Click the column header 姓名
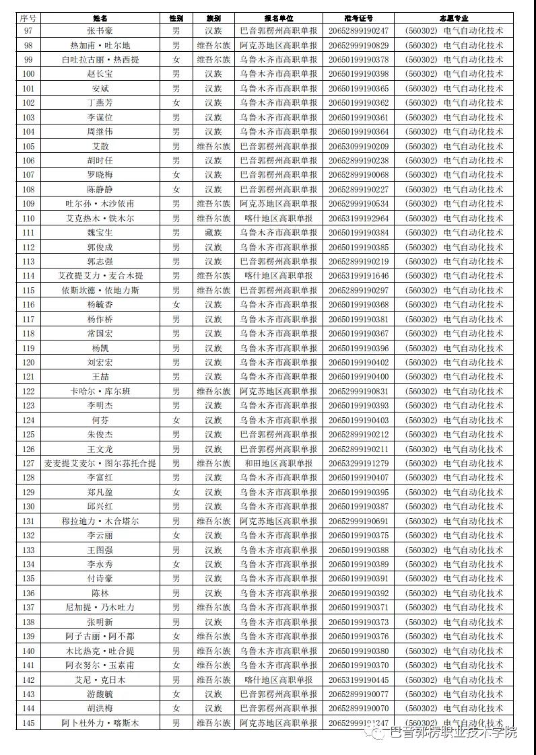click(x=100, y=18)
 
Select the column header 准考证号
click(x=358, y=18)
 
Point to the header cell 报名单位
click(x=279, y=18)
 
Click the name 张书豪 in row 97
click(x=100, y=31)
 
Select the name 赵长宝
click(x=100, y=74)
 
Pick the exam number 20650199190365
click(x=358, y=89)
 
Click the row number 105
click(x=28, y=147)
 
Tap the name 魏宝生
click(x=100, y=233)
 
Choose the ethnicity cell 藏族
click(x=213, y=233)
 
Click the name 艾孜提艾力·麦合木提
click(x=100, y=276)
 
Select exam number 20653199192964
click(x=358, y=219)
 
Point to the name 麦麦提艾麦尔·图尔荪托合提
click(x=100, y=464)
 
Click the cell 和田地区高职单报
click(x=279, y=464)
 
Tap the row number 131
click(x=28, y=522)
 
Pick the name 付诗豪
click(x=100, y=579)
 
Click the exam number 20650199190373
click(x=358, y=622)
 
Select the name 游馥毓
click(x=100, y=694)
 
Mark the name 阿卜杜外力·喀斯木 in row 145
click(x=100, y=723)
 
